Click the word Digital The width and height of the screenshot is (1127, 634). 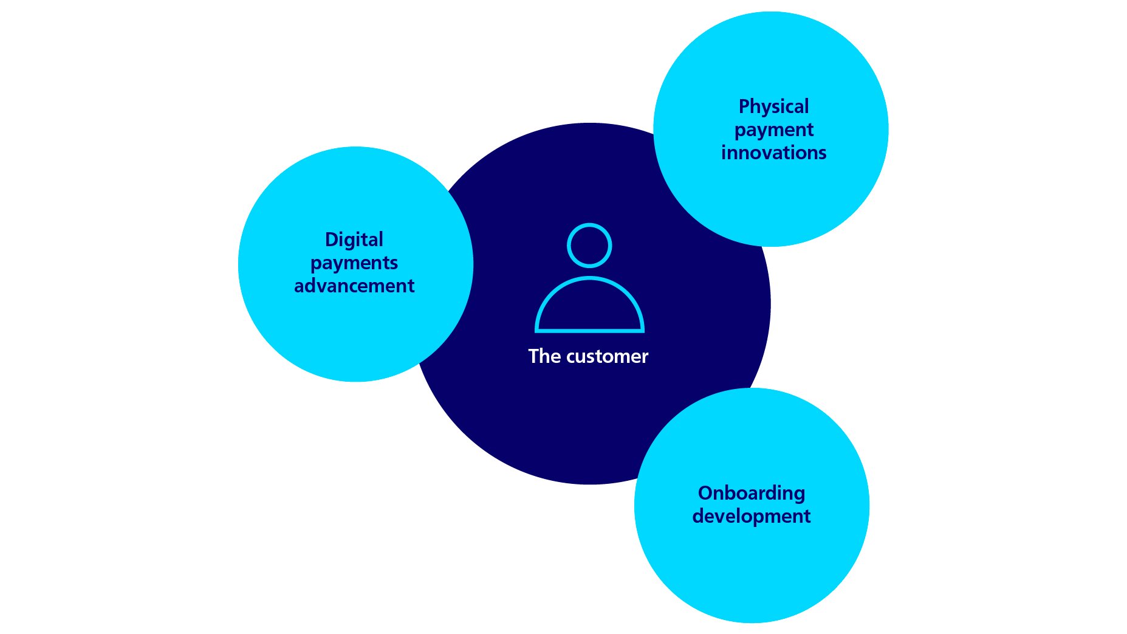(354, 239)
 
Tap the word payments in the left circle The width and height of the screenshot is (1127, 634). (354, 263)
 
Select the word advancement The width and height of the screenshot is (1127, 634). (354, 286)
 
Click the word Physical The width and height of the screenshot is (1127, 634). (773, 107)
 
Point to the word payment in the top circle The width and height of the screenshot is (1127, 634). (773, 130)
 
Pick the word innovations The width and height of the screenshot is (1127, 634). (773, 153)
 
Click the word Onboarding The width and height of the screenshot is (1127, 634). (752, 493)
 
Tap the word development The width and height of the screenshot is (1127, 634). (752, 516)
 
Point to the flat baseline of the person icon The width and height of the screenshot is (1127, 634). (589, 330)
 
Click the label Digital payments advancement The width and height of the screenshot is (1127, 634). (354, 263)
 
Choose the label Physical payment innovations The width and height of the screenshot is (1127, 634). (773, 129)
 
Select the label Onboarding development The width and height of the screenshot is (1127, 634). (752, 505)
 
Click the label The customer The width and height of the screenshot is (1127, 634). (588, 356)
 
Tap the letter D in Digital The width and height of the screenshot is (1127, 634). (331, 239)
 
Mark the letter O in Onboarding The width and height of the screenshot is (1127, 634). (705, 493)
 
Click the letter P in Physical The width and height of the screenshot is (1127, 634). (744, 107)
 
